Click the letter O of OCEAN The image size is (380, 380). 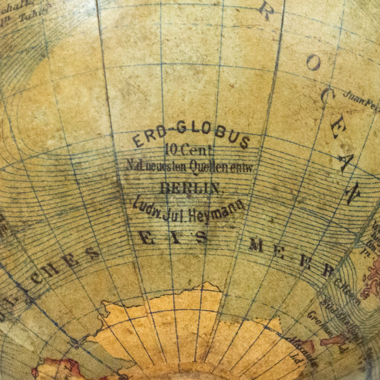click(x=313, y=63)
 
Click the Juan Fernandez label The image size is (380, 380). click(x=361, y=99)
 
